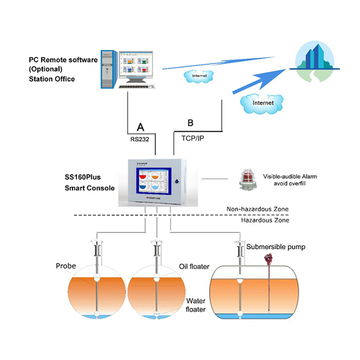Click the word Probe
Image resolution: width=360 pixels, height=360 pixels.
click(x=66, y=265)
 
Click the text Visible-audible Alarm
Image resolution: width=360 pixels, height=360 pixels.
click(x=289, y=177)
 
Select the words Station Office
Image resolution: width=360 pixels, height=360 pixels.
click(x=52, y=79)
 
